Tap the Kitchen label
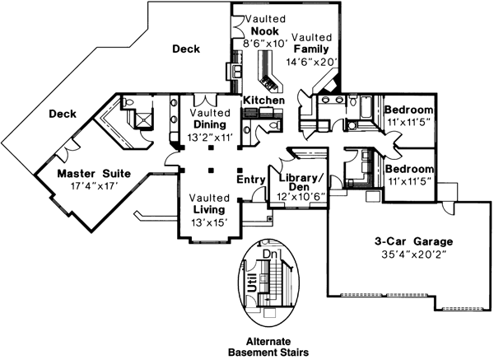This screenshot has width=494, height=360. [x=263, y=101]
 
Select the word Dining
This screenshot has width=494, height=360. [x=212, y=125]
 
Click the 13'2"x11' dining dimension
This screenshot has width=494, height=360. [x=212, y=138]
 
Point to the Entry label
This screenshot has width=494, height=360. [x=250, y=179]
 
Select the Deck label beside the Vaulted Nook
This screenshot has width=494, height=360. [x=185, y=50]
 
